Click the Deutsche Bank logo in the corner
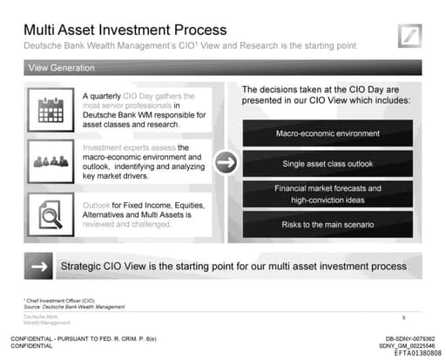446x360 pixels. pos(410,37)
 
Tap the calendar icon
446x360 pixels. pos(53,108)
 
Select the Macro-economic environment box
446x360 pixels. pos(328,133)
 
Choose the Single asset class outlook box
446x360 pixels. pos(328,164)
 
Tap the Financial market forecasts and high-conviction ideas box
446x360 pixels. pos(328,194)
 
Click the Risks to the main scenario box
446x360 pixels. pos(328,225)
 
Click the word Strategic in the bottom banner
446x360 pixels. pos(83,265)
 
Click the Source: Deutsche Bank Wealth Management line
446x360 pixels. pos(74,307)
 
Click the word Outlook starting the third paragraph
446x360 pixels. pos(97,205)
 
